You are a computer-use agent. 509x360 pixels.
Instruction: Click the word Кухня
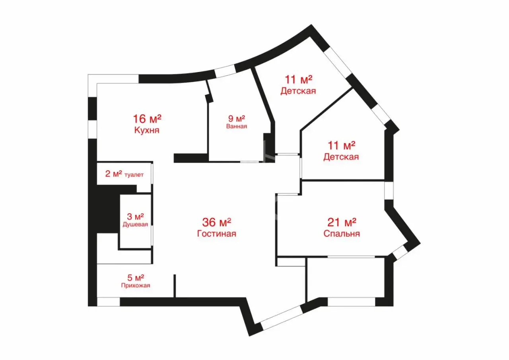pos(147,130)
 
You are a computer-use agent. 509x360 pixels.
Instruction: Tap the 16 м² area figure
pos(147,119)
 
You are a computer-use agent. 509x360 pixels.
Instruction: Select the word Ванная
pos(237,126)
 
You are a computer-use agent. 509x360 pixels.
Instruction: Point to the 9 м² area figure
pos(237,119)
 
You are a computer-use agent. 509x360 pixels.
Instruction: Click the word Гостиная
pos(217,234)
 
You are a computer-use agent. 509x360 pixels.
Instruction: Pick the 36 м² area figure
pos(217,222)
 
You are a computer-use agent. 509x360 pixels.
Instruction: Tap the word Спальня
pos(342,234)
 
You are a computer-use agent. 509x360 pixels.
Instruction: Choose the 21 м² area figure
pos(342,222)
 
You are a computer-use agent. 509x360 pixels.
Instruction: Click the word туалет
pos(134,175)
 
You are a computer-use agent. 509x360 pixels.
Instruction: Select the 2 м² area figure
pos(114,174)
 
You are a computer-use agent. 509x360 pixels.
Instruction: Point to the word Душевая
pos(135,224)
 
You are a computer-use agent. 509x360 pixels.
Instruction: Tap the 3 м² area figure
pos(135,216)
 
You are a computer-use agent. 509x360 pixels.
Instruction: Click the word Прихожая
pos(136,286)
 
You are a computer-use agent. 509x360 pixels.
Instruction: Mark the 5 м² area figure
pos(136,278)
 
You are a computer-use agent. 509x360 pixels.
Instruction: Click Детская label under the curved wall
pos(298,91)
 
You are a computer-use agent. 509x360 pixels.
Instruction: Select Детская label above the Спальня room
pos(341,157)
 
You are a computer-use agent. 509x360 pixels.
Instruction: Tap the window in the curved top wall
pos(225,71)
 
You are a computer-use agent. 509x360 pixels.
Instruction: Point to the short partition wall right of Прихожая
pos(175,286)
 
